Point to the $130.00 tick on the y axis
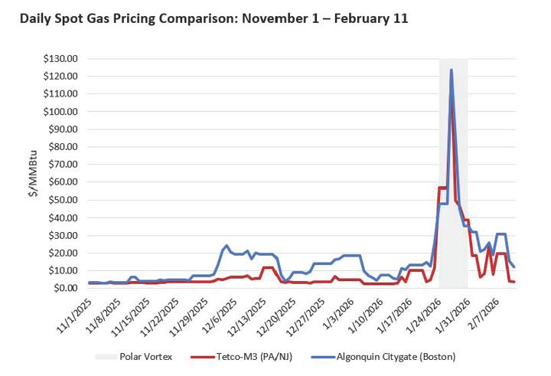[60, 59]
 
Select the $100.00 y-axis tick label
[60, 112]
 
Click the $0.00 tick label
[65, 289]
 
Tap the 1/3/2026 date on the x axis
[338, 312]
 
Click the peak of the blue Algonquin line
[452, 70]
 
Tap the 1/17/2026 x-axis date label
[397, 315]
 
